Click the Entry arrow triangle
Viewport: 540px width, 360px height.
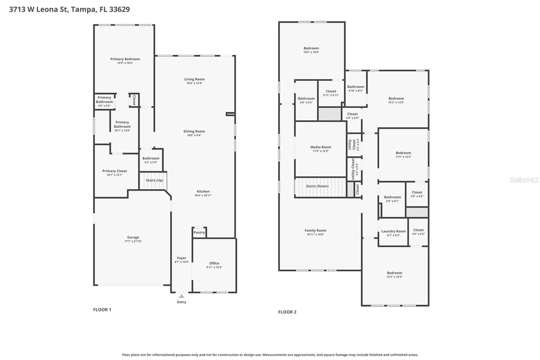coord(182,296)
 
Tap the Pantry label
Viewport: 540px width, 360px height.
coord(199,232)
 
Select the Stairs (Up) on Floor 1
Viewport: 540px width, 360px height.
coord(154,180)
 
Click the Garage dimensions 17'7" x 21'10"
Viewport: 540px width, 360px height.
coord(133,241)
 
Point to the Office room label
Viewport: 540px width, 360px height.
coord(214,263)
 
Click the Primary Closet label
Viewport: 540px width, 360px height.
coord(115,171)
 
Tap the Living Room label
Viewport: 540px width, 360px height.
coord(194,79)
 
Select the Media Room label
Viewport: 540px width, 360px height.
coord(321,147)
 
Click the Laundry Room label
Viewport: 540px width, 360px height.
coord(393,231)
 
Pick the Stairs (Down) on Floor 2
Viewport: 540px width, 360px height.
coord(317,186)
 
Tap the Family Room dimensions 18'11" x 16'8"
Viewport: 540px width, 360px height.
coord(315,234)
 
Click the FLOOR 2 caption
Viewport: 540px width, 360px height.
coord(287,312)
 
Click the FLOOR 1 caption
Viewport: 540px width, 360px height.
coord(102,310)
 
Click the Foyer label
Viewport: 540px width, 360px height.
coord(182,258)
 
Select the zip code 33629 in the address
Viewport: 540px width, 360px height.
coord(119,9)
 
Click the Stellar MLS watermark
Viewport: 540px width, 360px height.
coord(524,180)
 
